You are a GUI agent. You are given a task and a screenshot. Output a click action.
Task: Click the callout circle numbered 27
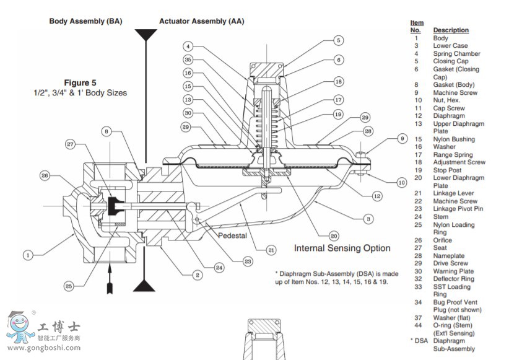coord(70,145)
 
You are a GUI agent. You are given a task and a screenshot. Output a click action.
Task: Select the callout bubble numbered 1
coord(28,254)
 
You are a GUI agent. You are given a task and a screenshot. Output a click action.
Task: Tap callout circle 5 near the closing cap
coord(338,41)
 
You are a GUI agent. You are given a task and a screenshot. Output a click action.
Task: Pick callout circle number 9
coord(402,139)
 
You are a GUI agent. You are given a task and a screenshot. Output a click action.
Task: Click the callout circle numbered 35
coord(188,59)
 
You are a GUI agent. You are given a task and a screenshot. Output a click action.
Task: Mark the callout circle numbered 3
coord(368,219)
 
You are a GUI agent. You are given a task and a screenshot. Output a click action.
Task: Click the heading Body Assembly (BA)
coord(85,21)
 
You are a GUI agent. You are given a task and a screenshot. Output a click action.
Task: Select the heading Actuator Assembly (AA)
coord(201,21)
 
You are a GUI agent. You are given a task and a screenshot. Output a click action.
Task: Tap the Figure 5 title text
coord(80,82)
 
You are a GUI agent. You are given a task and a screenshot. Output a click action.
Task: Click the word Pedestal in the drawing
coord(233,236)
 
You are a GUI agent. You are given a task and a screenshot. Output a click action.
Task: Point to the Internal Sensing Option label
coord(342,248)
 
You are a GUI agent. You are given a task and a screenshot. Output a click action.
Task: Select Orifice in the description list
coord(444,240)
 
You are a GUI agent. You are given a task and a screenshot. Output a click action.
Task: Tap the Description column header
coord(451,30)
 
